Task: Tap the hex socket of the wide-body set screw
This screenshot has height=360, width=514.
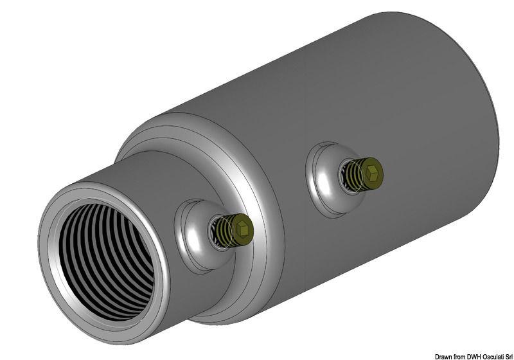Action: pyautogui.click(x=372, y=171)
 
